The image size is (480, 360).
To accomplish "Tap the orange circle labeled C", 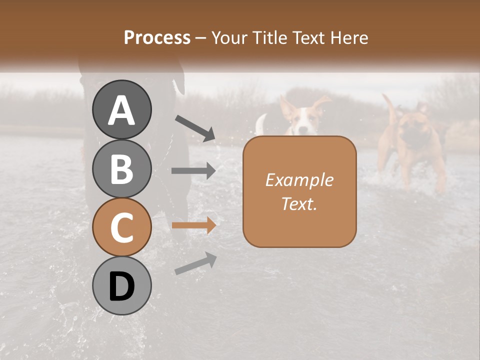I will [122, 227].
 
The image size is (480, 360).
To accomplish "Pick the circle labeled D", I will [122, 286].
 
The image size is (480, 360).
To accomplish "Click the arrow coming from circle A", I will [194, 127].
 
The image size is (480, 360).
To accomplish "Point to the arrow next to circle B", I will [193, 171].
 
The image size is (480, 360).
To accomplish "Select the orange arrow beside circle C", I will [193, 225].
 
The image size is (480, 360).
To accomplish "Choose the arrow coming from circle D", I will [195, 263].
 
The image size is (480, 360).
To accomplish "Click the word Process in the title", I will [157, 37].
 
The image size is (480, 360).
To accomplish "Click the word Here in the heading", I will [349, 37].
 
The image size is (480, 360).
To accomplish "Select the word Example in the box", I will [299, 180].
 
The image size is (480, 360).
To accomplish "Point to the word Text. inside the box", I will [299, 204].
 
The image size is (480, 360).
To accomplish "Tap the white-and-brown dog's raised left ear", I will [286, 106].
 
